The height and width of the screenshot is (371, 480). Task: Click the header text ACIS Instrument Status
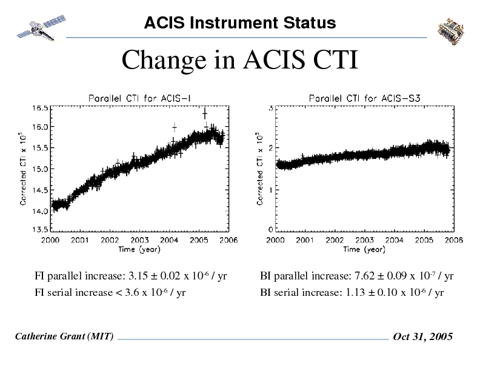(x=240, y=23)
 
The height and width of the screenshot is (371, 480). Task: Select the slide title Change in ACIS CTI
(x=240, y=60)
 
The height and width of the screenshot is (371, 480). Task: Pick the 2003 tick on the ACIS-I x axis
(x=140, y=240)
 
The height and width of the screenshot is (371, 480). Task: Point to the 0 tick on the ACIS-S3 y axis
(x=270, y=230)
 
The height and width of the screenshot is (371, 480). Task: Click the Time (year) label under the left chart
(x=139, y=249)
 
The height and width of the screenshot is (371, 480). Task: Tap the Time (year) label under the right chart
(x=364, y=249)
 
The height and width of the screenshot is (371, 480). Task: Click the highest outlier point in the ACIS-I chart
(x=205, y=113)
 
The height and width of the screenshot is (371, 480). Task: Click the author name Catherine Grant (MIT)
(x=64, y=336)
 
